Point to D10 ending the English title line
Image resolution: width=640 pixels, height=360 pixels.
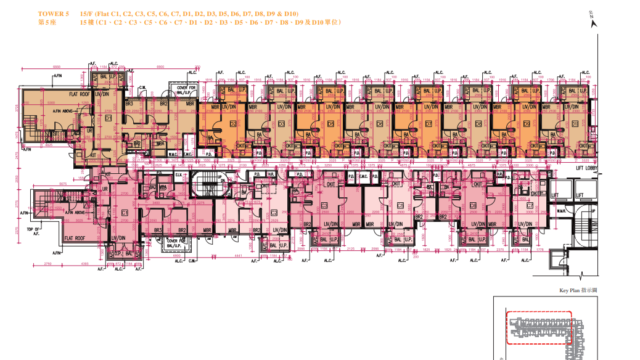pyautogui.click(x=302, y=13)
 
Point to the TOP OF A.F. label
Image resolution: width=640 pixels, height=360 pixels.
pyautogui.click(x=32, y=229)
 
